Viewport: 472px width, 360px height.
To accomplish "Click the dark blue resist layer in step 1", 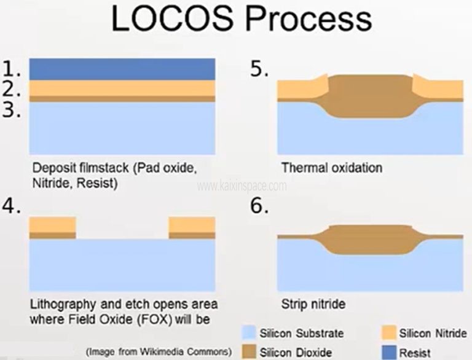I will click(122, 69).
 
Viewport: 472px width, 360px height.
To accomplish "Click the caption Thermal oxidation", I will click(331, 168).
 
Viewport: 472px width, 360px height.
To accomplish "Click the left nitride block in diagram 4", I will click(52, 225).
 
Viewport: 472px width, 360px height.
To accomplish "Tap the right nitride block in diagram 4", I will click(192, 225).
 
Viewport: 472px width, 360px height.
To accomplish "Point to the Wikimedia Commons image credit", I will click(159, 352).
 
